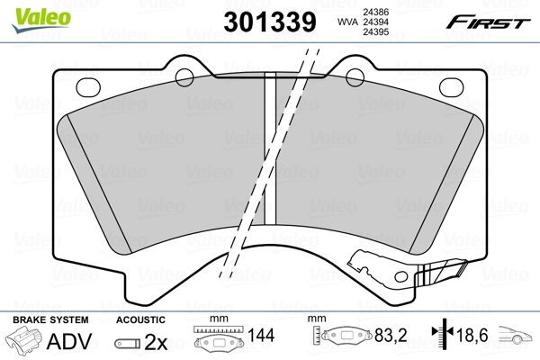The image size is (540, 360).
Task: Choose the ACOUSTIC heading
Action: coord(141,319)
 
